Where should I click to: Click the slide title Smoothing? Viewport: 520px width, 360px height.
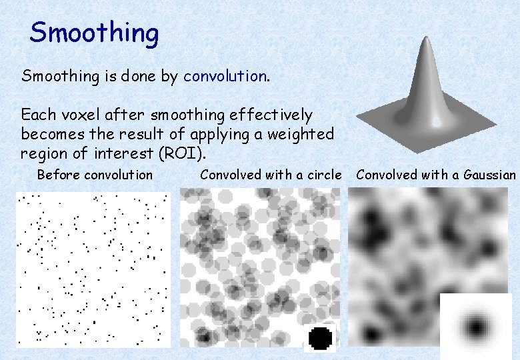point(94,33)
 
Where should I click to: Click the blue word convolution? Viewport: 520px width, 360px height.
point(225,76)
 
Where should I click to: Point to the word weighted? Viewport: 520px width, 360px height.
point(300,134)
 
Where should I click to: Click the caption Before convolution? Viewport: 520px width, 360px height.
point(95,175)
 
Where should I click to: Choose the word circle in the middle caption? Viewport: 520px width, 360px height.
point(323,175)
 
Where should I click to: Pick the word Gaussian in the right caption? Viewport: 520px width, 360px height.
point(490,175)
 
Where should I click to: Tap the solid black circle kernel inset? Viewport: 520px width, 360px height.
point(321,338)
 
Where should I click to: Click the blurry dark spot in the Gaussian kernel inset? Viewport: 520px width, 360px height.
point(476,327)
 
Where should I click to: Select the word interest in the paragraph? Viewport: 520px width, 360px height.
point(127,153)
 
